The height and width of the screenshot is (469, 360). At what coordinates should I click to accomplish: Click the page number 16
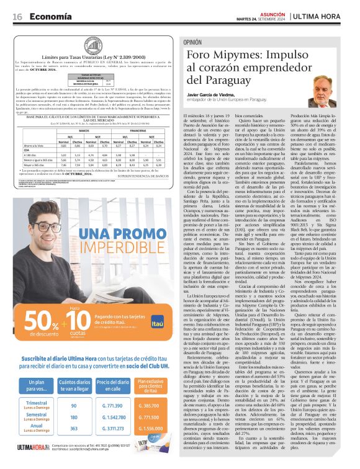click(17, 17)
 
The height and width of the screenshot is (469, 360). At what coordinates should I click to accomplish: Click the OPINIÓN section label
click(192, 42)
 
